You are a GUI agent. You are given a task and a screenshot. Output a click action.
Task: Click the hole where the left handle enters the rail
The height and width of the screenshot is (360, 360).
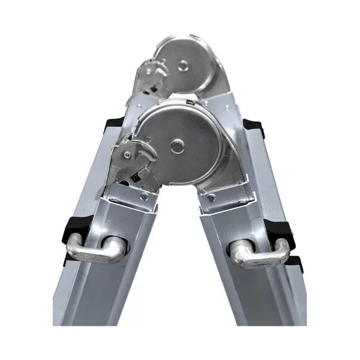click(x=118, y=247)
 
